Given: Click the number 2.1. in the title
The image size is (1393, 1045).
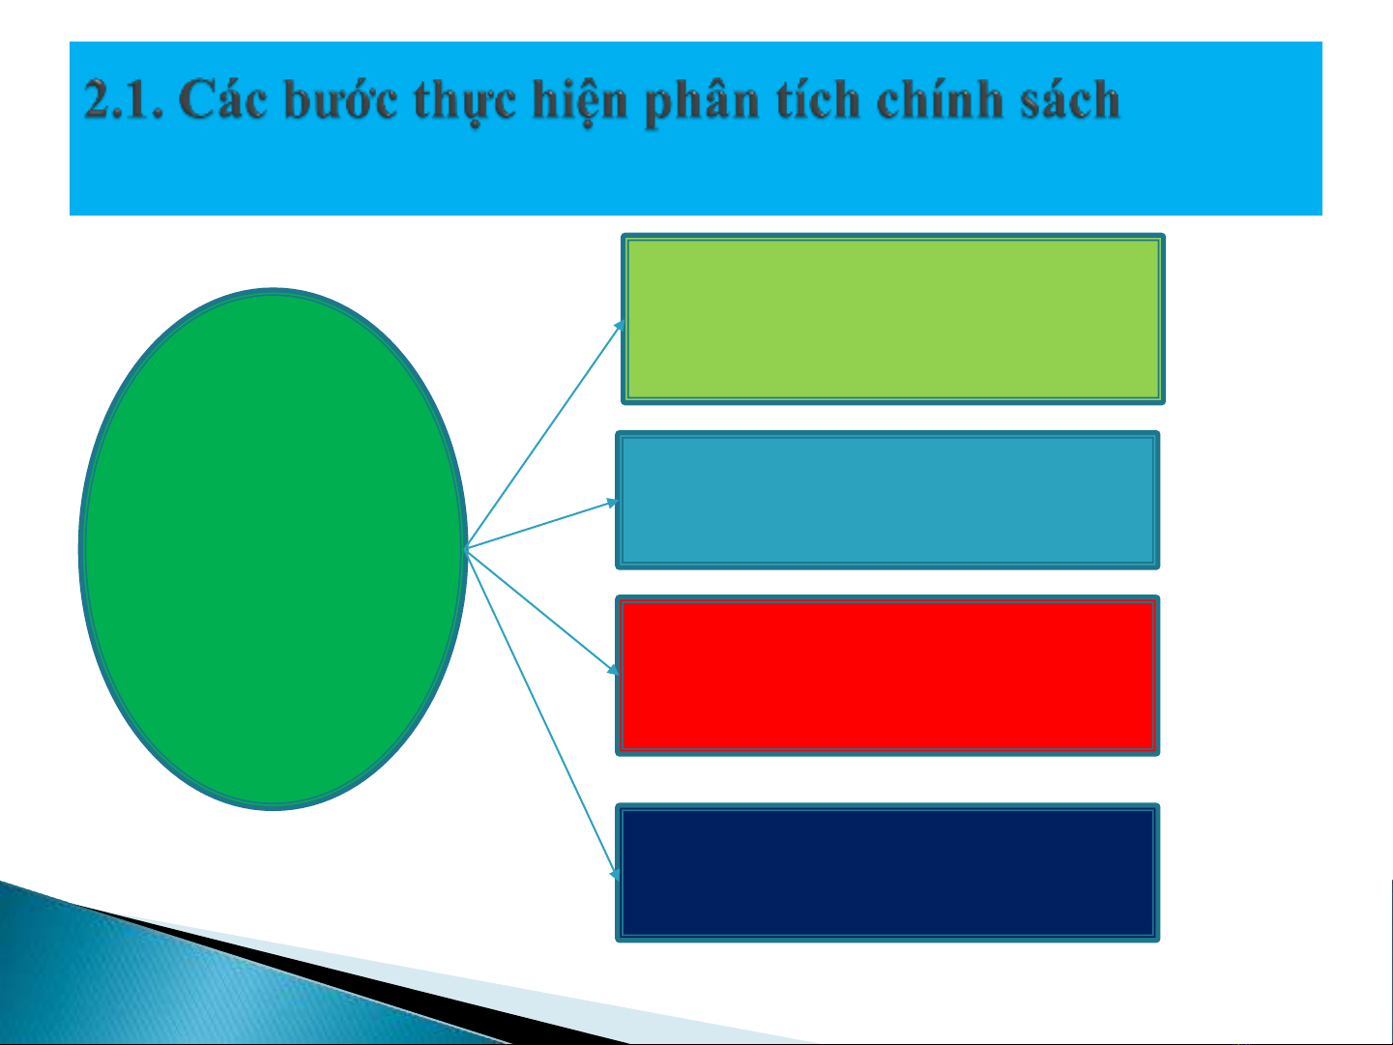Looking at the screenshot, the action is click(x=123, y=100).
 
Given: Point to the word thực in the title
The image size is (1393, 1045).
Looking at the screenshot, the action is click(x=465, y=102).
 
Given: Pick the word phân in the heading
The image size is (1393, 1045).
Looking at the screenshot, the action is click(x=702, y=102).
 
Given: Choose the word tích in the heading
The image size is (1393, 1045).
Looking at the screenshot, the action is click(x=818, y=99).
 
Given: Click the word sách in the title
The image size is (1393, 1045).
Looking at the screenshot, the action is click(x=1070, y=99).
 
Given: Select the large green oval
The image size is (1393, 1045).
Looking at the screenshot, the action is click(x=273, y=549).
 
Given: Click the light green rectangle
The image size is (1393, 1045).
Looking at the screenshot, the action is click(x=893, y=319).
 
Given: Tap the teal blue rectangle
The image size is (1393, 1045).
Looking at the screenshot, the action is click(x=887, y=500).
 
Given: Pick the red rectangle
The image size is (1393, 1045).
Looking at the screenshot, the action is click(x=887, y=676).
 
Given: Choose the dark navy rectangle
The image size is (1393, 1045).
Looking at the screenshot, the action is click(x=887, y=872).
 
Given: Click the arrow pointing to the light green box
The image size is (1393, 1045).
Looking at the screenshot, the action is click(x=544, y=435).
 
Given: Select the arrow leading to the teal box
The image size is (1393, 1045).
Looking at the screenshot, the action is click(x=542, y=524).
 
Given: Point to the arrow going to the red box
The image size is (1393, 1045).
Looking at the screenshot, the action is click(x=542, y=612).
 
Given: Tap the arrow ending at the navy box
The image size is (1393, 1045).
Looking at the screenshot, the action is click(x=542, y=714).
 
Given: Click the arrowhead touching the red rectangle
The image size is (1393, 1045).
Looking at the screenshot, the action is click(x=613, y=669).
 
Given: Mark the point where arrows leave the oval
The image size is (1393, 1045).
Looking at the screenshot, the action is click(x=466, y=549).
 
